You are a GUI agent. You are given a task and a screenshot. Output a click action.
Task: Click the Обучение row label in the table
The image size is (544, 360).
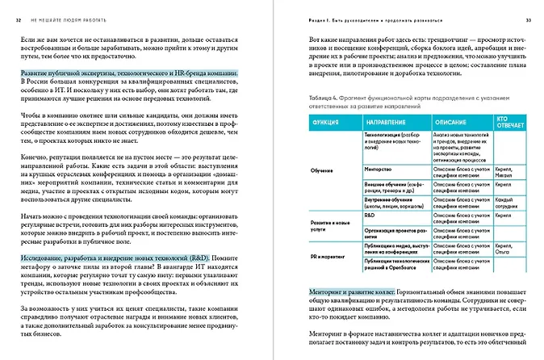323,171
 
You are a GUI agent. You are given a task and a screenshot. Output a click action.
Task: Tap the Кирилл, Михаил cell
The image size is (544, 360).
507,171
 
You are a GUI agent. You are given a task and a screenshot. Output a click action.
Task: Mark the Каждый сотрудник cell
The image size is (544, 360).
507,201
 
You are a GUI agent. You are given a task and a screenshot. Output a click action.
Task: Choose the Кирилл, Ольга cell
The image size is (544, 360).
507,245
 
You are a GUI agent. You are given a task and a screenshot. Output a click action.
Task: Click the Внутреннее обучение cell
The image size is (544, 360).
391,201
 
